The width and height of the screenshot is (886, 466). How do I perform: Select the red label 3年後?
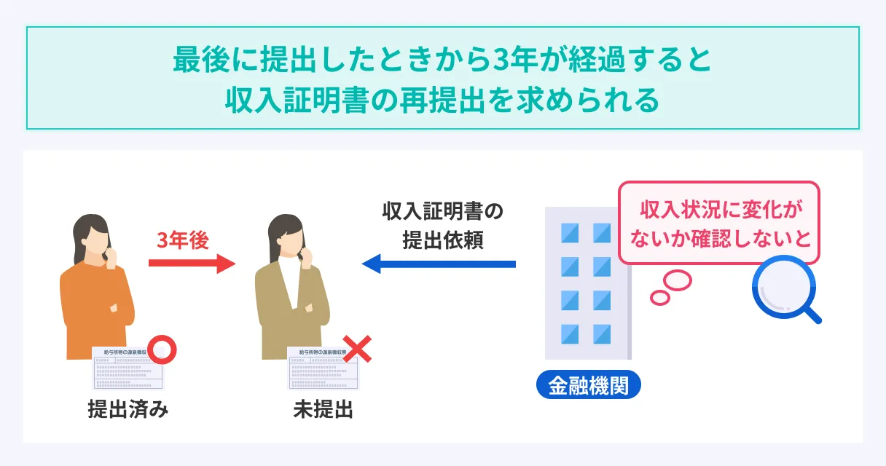(x=184, y=240)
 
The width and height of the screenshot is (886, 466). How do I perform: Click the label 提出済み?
(x=128, y=410)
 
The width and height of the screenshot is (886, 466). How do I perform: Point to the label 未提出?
(x=323, y=410)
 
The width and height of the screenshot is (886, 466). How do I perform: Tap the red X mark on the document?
(x=357, y=349)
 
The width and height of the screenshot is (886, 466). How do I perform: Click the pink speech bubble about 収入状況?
(x=718, y=222)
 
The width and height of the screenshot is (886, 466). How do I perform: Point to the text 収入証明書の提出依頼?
(x=442, y=226)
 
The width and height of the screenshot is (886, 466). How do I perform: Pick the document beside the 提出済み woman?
(x=128, y=368)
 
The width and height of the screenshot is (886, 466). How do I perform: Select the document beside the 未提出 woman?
(x=323, y=368)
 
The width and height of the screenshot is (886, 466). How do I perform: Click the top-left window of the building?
(x=569, y=232)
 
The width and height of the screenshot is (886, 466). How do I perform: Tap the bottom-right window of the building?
(x=602, y=333)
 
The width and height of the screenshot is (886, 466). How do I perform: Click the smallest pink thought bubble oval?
(x=660, y=297)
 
